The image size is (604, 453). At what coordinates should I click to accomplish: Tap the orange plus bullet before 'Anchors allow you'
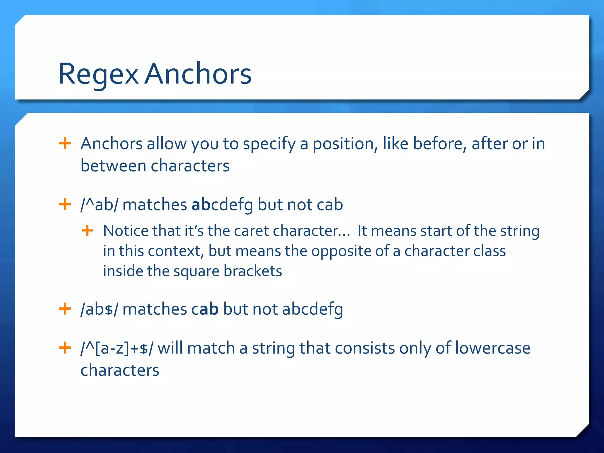point(65,144)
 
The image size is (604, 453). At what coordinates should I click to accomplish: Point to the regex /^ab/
point(99,205)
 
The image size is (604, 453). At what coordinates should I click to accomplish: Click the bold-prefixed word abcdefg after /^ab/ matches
point(222,205)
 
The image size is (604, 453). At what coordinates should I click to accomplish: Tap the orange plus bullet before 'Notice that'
point(87,231)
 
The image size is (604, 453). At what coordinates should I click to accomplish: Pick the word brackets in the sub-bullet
point(253,271)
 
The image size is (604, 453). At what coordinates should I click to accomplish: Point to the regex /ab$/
point(99,309)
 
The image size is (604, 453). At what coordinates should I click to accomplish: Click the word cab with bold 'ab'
point(205,309)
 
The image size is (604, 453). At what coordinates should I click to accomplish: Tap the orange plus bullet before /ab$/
point(65,309)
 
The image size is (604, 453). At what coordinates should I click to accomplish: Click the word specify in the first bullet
point(269,144)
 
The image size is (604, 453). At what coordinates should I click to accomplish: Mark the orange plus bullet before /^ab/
point(65,204)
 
